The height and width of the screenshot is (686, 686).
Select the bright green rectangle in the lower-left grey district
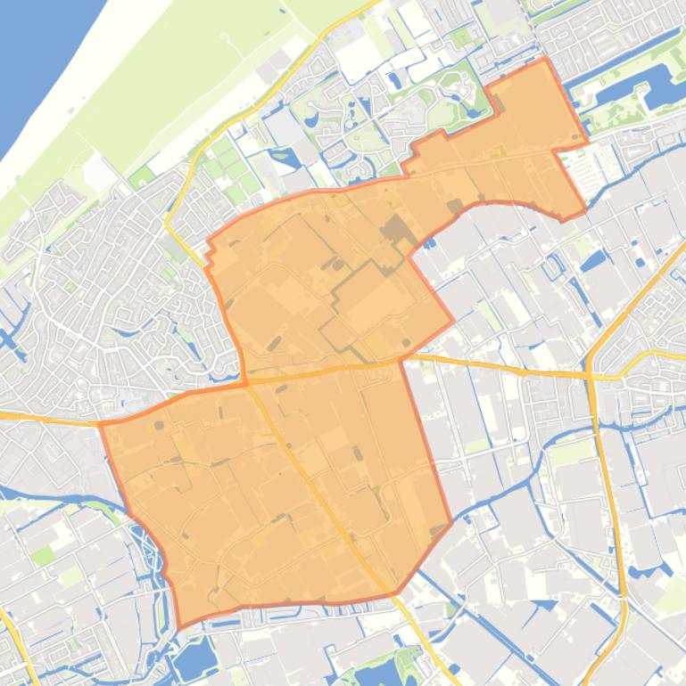(x=42, y=557)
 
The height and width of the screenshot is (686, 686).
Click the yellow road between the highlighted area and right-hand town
(x=500, y=366)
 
